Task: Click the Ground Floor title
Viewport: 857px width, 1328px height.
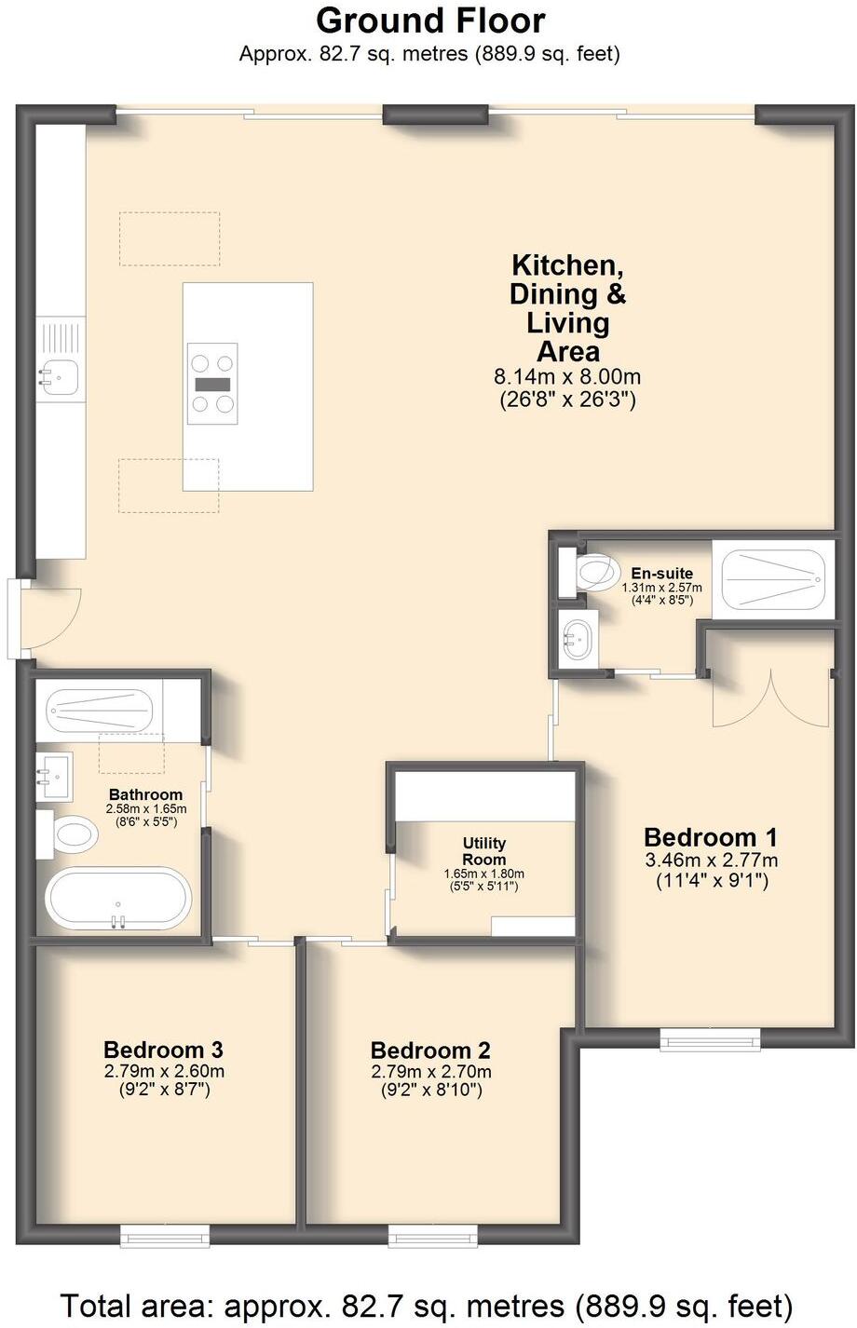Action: pos(429,20)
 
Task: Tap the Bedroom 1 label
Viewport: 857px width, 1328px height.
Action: pos(711,836)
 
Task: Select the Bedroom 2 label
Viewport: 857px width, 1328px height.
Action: pos(430,1050)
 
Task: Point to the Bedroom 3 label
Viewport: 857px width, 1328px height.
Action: pos(163,1050)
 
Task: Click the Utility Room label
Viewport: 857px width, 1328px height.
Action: pos(484,851)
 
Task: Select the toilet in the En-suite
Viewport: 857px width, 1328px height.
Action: pos(596,571)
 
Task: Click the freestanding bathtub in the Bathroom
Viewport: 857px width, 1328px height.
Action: pos(118,899)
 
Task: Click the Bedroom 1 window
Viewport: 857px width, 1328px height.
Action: pos(710,1037)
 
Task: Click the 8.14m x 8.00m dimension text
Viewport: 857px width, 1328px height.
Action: pos(567,377)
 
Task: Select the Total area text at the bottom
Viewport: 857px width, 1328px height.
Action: pos(428,1304)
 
